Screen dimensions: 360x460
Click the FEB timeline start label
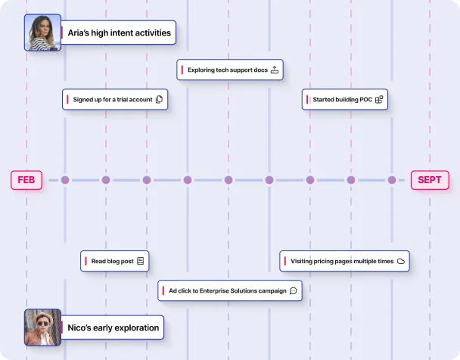pyautogui.click(x=26, y=180)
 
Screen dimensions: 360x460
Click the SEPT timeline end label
pyautogui.click(x=430, y=180)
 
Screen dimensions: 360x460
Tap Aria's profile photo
pyautogui.click(x=42, y=33)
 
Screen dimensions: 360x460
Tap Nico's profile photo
pyautogui.click(x=42, y=327)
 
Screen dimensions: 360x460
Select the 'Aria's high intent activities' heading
pyautogui.click(x=120, y=33)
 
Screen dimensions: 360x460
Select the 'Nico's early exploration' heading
pyautogui.click(x=113, y=327)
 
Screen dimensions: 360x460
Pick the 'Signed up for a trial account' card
pyautogui.click(x=114, y=99)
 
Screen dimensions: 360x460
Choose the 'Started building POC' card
pyautogui.click(x=345, y=99)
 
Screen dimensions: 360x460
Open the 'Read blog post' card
pyautogui.click(x=115, y=261)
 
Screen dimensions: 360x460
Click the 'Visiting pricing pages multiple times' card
pyautogui.click(x=345, y=261)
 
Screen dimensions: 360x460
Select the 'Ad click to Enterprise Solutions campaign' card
pyautogui.click(x=230, y=290)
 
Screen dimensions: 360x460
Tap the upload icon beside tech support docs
pyautogui.click(x=275, y=70)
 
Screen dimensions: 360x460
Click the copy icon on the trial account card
pyautogui.click(x=159, y=99)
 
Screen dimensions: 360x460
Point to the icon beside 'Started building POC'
pyautogui.click(x=379, y=99)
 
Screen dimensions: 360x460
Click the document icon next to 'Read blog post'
pyautogui.click(x=140, y=261)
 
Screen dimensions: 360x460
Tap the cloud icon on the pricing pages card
pyautogui.click(x=401, y=261)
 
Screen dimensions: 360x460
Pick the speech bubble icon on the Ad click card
pyautogui.click(x=293, y=290)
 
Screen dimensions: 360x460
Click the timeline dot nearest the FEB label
pyautogui.click(x=65, y=180)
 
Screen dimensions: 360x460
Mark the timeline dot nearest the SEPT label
pyautogui.click(x=392, y=180)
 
